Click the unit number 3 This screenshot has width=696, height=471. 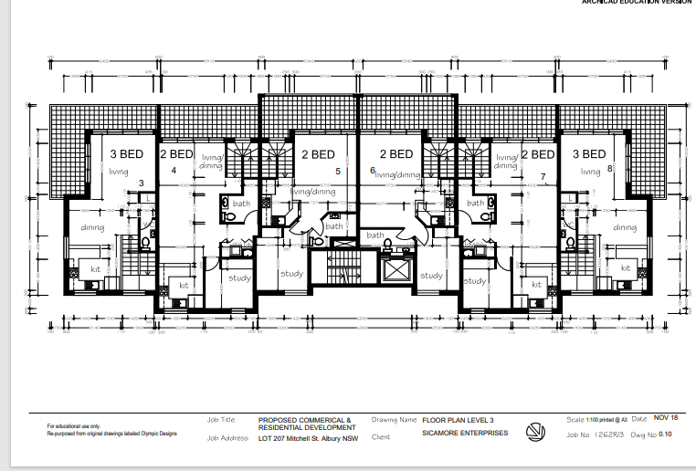(141, 183)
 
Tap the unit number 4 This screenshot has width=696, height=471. (174, 170)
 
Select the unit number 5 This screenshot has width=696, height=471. (337, 171)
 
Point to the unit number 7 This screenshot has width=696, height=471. (543, 176)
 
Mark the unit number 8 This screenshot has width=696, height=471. (609, 169)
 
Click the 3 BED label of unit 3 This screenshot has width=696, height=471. (127, 154)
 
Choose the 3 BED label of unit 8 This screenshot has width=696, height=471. (588, 154)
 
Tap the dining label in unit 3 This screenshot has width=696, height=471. (93, 227)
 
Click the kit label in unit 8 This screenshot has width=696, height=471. (626, 268)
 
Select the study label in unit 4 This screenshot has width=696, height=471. (239, 277)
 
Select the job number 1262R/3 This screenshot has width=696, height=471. (608, 436)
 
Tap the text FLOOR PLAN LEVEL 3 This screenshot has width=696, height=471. (458, 420)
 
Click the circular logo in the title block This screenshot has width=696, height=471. (536, 430)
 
